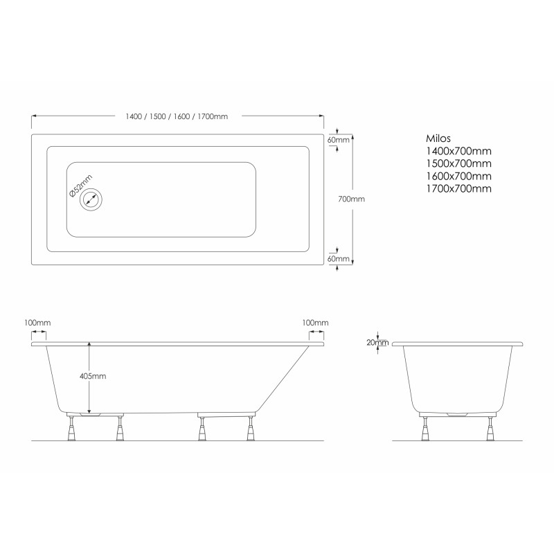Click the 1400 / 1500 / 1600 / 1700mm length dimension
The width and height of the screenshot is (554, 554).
click(178, 116)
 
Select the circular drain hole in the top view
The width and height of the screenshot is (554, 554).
click(91, 201)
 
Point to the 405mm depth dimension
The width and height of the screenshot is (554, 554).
click(93, 376)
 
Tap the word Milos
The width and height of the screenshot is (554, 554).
click(438, 138)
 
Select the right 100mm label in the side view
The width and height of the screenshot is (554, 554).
click(314, 323)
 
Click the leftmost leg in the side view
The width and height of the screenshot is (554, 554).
click(71, 427)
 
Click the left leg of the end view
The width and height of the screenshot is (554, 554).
click(423, 427)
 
